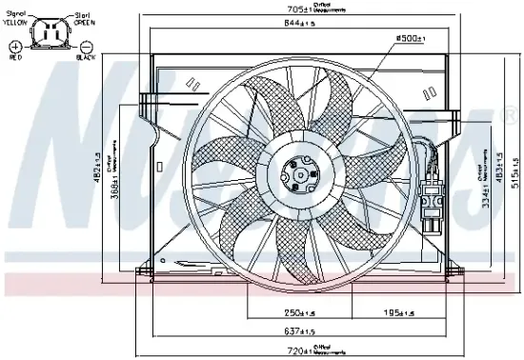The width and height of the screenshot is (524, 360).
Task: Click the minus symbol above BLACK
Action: [x=86, y=45]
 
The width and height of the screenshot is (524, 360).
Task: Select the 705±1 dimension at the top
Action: [x=300, y=10]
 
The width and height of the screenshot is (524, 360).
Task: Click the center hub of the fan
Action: [x=299, y=175]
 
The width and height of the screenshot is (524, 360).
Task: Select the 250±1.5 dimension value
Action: [x=299, y=312]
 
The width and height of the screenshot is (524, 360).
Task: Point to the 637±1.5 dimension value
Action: [x=299, y=331]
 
